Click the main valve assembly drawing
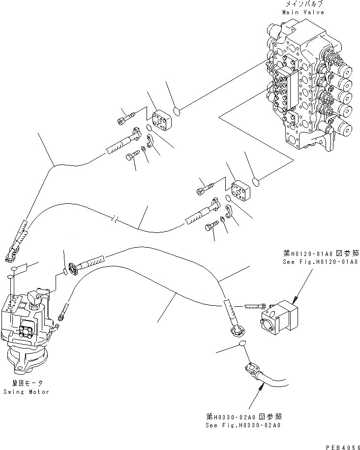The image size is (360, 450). (310, 84)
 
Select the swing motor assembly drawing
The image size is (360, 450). (30, 325)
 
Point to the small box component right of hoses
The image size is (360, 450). (279, 314)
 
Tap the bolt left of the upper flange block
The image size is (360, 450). (125, 118)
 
